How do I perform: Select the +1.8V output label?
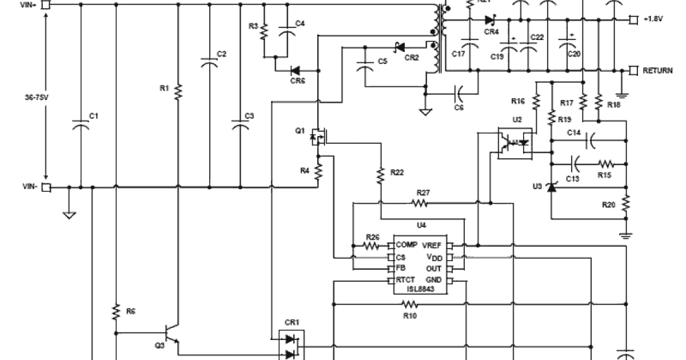tap(653, 19)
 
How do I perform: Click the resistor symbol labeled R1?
tap(178, 91)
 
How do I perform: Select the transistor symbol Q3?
tap(170, 332)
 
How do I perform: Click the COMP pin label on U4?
tap(406, 245)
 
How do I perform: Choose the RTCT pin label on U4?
tap(405, 280)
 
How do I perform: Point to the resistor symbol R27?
tap(421, 202)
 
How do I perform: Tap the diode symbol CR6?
tap(296, 71)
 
